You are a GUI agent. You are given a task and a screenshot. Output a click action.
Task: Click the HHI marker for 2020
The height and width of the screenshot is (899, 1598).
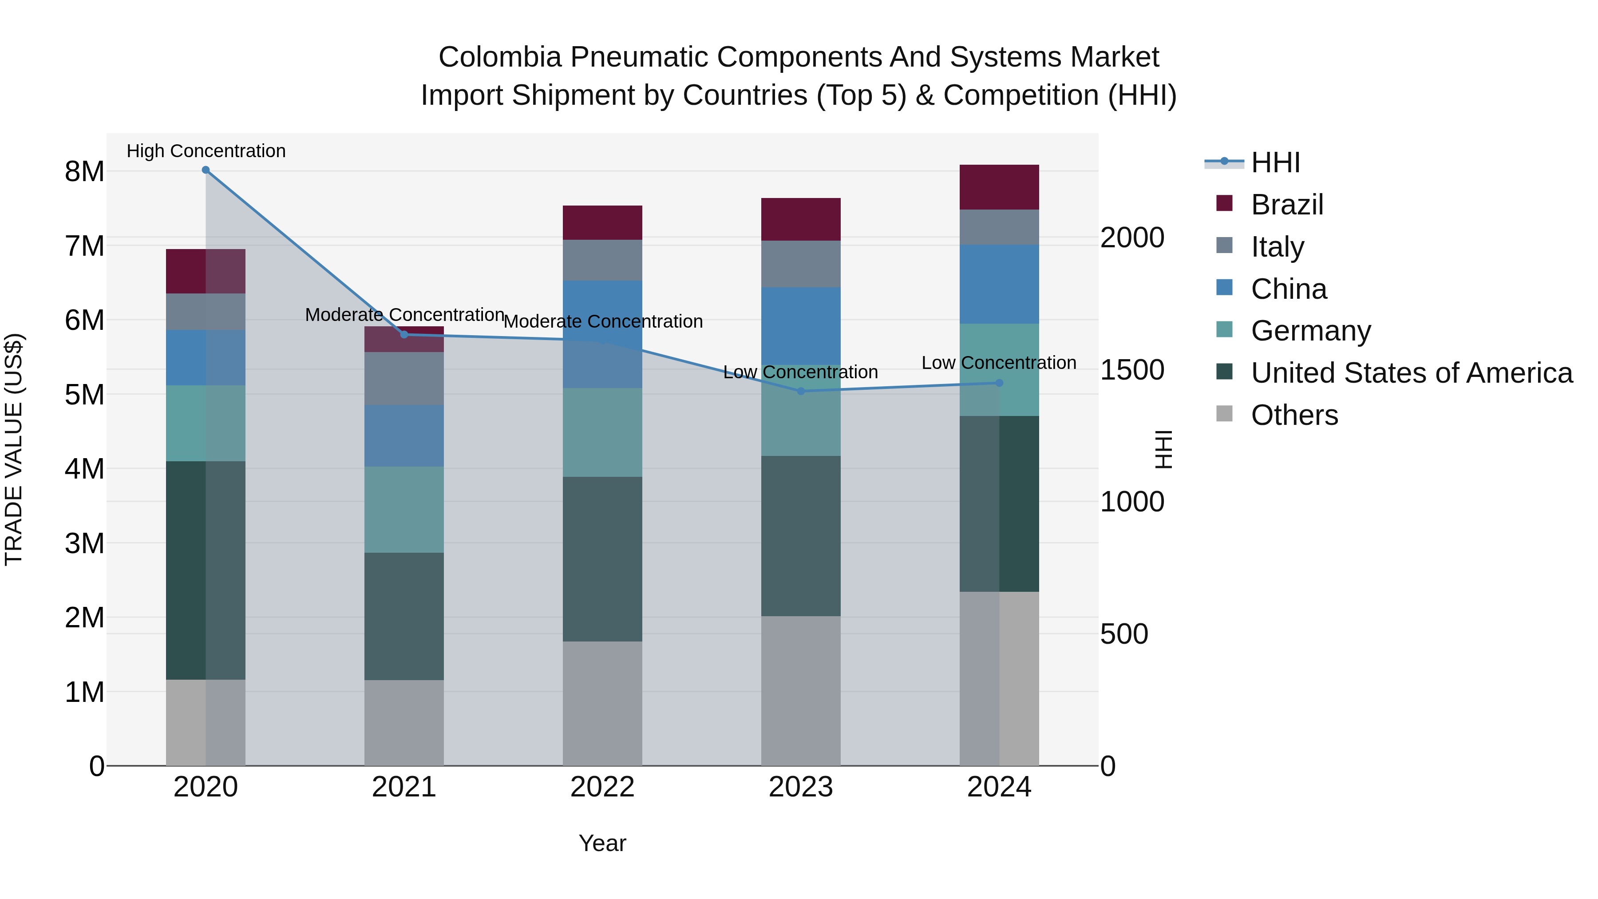(206, 170)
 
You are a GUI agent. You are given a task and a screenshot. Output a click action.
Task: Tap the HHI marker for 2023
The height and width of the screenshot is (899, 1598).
(800, 392)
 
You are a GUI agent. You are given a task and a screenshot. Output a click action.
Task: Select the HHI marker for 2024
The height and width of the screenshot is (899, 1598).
(999, 384)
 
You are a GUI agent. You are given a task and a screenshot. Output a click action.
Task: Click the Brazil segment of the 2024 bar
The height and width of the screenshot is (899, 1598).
(999, 187)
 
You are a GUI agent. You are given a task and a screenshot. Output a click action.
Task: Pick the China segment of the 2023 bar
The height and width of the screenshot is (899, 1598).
(800, 326)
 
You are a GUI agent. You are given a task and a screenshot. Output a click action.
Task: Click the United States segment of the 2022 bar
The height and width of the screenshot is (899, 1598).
(602, 559)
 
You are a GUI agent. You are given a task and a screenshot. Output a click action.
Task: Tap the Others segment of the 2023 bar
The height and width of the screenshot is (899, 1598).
(800, 690)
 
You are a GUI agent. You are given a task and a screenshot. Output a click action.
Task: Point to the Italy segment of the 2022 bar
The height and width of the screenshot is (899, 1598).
(602, 260)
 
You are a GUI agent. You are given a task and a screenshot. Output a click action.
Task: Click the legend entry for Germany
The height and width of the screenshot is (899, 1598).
(1310, 331)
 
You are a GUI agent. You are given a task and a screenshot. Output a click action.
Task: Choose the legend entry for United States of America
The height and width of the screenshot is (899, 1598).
(1411, 373)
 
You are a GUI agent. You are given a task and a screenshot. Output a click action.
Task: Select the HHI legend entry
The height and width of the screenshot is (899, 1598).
(1275, 162)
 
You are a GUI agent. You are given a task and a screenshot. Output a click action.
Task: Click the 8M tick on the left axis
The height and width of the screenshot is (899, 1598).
(84, 172)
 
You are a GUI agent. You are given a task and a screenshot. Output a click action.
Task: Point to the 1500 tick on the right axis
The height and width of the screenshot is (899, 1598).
(1131, 370)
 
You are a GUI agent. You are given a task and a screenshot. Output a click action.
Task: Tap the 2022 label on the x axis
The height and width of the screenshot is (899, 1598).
(602, 787)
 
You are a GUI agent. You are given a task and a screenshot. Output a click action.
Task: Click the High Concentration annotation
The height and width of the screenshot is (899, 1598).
(206, 151)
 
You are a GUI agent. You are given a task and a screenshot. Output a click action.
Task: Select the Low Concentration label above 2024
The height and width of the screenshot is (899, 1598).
(999, 363)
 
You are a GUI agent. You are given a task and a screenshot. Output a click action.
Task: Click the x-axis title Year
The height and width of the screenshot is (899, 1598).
(602, 843)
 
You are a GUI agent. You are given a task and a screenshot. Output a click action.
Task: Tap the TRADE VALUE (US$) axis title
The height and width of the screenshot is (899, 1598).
(14, 449)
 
